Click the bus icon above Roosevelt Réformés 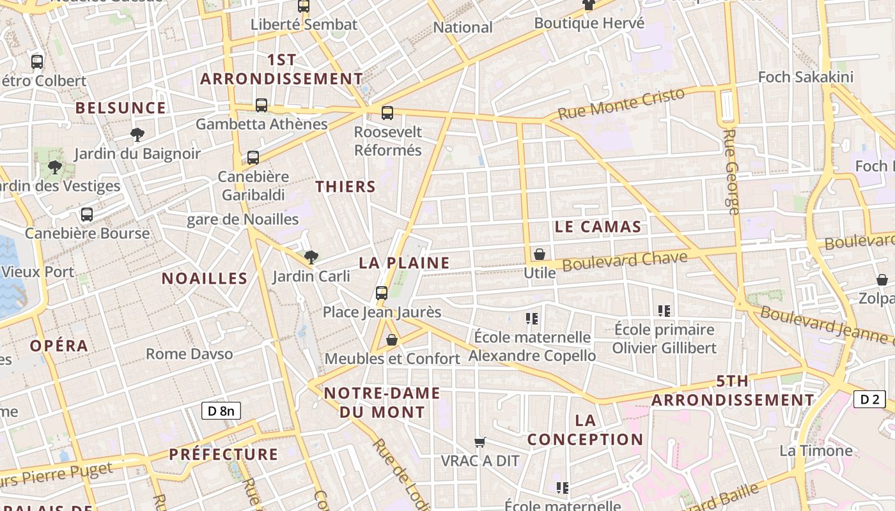[x=387, y=113]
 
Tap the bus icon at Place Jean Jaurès [x=382, y=293]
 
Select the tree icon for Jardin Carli [x=311, y=257]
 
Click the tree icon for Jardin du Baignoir [x=137, y=134]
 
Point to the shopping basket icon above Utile [x=540, y=254]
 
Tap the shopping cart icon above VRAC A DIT [x=480, y=442]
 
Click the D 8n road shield [x=221, y=411]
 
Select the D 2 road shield [x=869, y=399]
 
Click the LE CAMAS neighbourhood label [x=598, y=227]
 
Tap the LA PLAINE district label [x=404, y=263]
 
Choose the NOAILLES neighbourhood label [x=204, y=278]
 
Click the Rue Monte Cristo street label [x=621, y=104]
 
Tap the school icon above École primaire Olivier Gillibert [x=664, y=311]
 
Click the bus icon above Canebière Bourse [x=87, y=215]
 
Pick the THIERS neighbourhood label [x=345, y=187]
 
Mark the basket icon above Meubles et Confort [x=392, y=340]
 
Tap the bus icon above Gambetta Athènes [x=261, y=105]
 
